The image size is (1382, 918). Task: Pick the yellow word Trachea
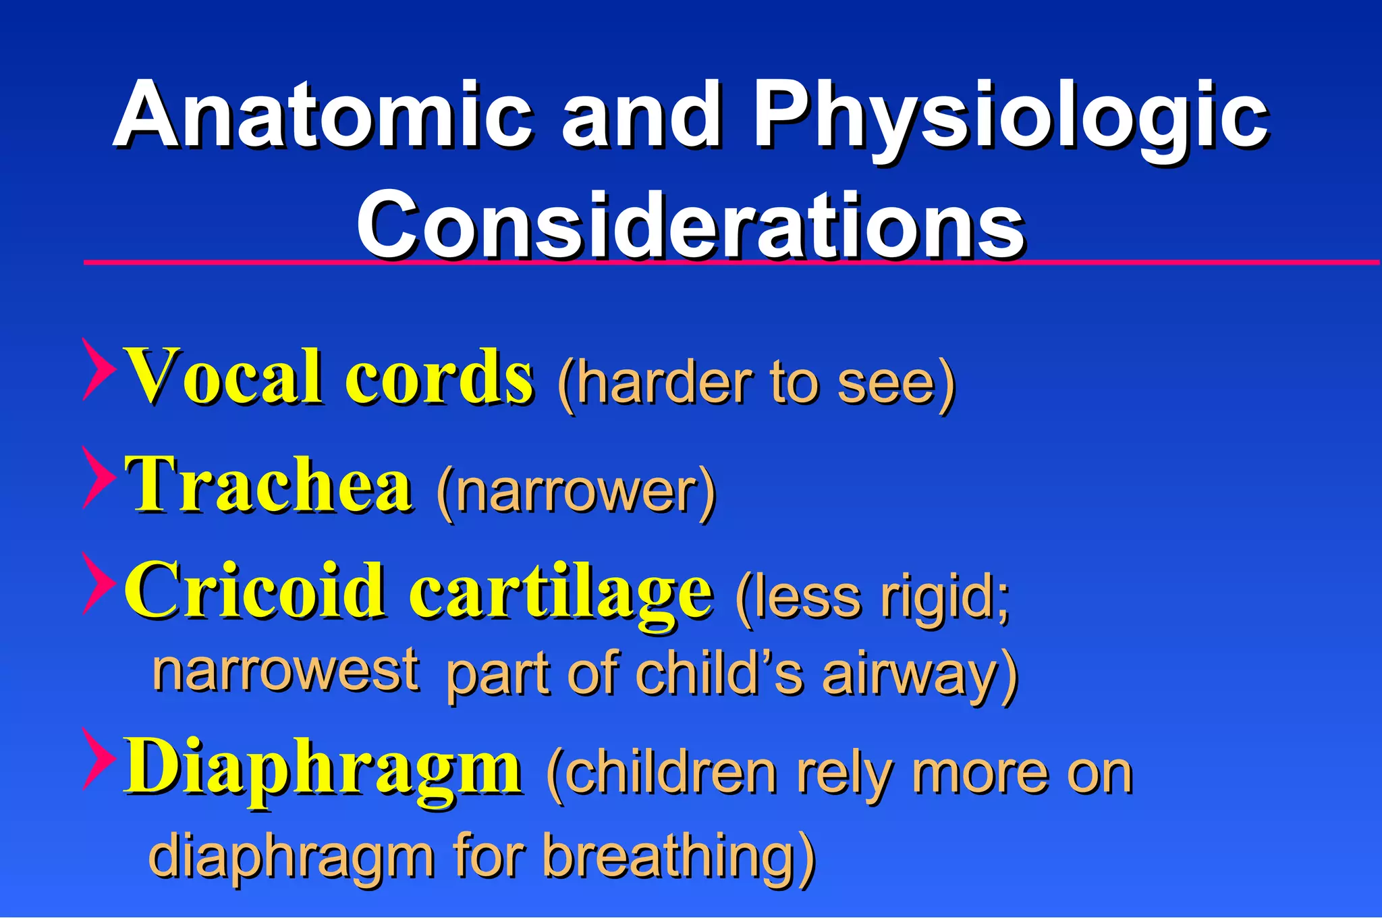pyautogui.click(x=268, y=485)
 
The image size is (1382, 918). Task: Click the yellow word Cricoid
pyautogui.click(x=254, y=591)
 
